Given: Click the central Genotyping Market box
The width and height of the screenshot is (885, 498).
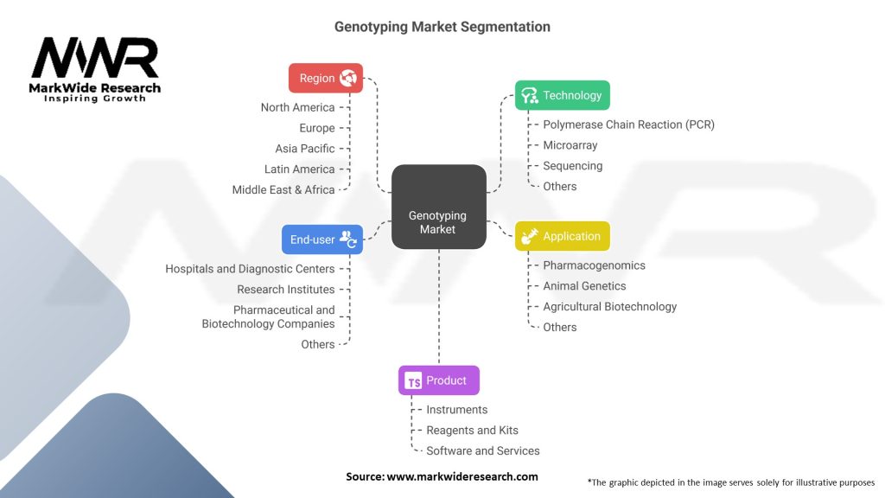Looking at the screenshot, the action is (438, 207).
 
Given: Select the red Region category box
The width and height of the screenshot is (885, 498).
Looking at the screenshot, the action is (326, 78).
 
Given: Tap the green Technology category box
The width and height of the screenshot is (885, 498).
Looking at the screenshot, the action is (562, 95).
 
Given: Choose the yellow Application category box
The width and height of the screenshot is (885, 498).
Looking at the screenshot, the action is (562, 236).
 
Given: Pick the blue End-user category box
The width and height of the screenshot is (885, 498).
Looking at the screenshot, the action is (322, 239).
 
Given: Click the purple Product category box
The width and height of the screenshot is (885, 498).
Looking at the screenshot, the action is (438, 380).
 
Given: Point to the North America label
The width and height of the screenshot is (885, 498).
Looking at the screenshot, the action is (297, 107).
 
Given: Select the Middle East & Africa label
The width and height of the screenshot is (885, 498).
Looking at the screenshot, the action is (283, 189).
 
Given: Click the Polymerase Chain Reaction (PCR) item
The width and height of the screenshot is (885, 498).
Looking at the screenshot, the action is (629, 124).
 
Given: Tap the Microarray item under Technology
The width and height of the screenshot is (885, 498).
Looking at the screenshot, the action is (570, 145).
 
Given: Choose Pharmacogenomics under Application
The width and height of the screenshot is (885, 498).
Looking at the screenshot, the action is (594, 265).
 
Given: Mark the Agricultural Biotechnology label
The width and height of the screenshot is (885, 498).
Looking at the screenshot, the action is (609, 307).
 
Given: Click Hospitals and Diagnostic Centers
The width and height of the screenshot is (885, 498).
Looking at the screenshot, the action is (250, 269).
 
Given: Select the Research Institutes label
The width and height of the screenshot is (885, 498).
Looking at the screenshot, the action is (285, 290).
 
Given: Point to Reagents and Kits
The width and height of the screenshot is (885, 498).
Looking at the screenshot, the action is (472, 431).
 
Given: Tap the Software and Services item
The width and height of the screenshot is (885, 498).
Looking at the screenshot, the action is (482, 450).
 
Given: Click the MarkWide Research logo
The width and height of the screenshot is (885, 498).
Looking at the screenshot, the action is (95, 69).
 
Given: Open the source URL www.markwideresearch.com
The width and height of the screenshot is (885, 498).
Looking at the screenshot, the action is (462, 476).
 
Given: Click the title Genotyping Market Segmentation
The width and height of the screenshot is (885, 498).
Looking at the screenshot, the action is (442, 27).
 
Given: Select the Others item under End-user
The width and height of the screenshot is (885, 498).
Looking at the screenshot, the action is (318, 344).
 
